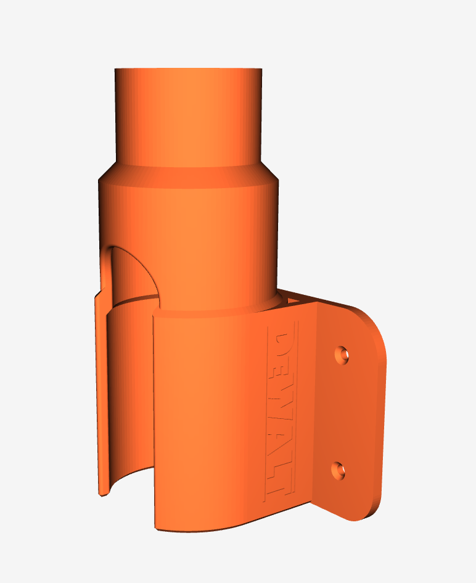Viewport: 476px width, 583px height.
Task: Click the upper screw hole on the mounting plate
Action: tap(342, 355)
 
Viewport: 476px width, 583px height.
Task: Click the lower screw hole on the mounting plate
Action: tap(338, 471)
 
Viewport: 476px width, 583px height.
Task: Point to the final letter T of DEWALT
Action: tap(279, 481)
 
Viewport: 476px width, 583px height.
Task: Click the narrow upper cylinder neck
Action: tap(189, 116)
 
